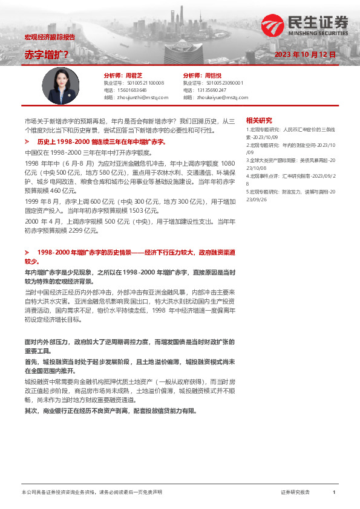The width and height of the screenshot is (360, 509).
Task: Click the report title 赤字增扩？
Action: (47, 54)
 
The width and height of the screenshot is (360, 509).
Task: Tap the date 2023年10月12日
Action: (305, 54)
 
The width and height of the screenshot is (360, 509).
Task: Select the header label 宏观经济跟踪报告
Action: (50, 37)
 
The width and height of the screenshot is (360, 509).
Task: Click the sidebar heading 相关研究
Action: (259, 120)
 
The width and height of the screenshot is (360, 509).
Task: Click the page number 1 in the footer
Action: (333, 493)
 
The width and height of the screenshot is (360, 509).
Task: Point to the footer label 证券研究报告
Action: (295, 493)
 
